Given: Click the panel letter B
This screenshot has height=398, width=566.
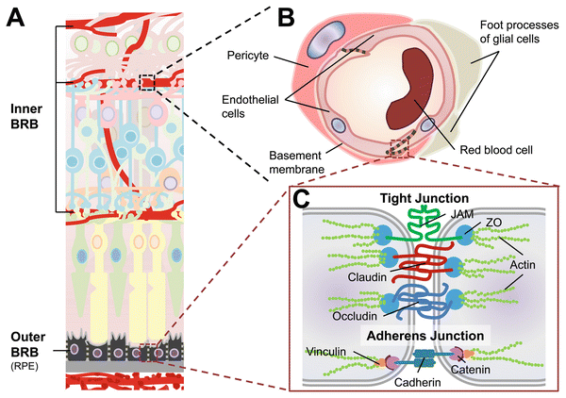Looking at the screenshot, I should [286, 16].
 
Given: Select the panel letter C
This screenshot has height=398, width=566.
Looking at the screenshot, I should [299, 200].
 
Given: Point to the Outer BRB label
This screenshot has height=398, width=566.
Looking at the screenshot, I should [26, 341].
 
